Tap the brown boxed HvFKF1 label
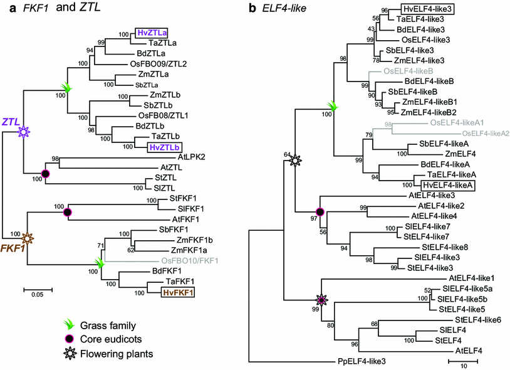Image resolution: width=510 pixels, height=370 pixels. tap(170, 292)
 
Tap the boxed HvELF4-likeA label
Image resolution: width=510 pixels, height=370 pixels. tap(447, 184)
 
